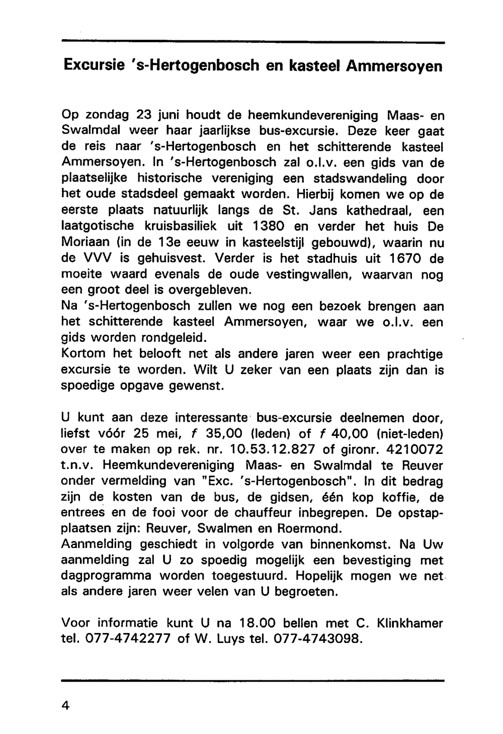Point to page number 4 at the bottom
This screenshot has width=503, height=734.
(64, 705)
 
